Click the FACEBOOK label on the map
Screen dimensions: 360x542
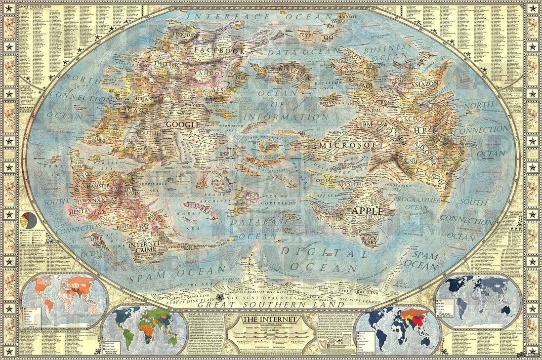pos(219,50)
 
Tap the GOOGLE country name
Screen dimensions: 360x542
pos(182,124)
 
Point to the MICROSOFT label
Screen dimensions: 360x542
pos(351,145)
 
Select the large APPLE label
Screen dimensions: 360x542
pos(367,210)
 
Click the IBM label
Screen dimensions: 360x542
pos(367,124)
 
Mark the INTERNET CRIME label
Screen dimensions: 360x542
pos(144,247)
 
